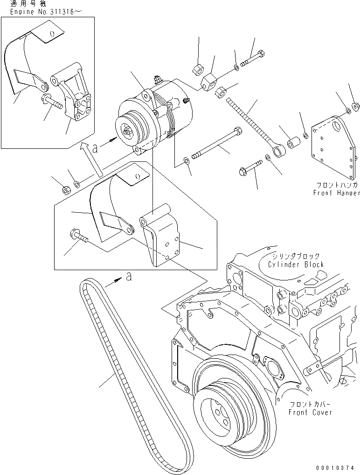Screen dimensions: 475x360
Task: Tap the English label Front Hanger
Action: tap(336, 193)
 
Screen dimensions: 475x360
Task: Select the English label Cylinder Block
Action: tap(296, 265)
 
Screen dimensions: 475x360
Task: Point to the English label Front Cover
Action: tap(310, 412)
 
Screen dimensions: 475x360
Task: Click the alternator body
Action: tap(163, 112)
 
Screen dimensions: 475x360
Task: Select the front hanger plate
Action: tap(333, 149)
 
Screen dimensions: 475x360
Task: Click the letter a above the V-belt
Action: tap(129, 277)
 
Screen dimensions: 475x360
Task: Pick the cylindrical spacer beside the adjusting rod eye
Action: tap(294, 142)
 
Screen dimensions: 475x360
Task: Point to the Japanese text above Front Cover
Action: tap(310, 404)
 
